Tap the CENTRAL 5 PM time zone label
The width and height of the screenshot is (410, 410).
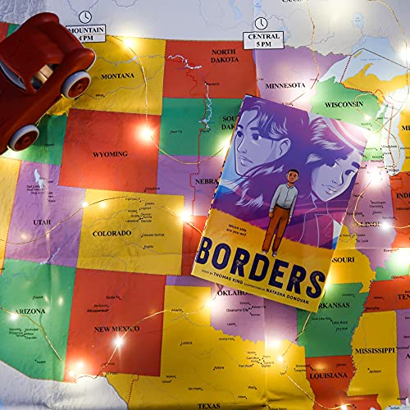point(262,40)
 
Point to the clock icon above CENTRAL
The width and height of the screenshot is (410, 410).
point(261,22)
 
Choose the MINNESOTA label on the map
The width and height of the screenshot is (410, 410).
point(285,85)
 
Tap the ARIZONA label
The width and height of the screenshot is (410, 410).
point(30,313)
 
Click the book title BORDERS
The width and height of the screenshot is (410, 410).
point(258,263)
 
